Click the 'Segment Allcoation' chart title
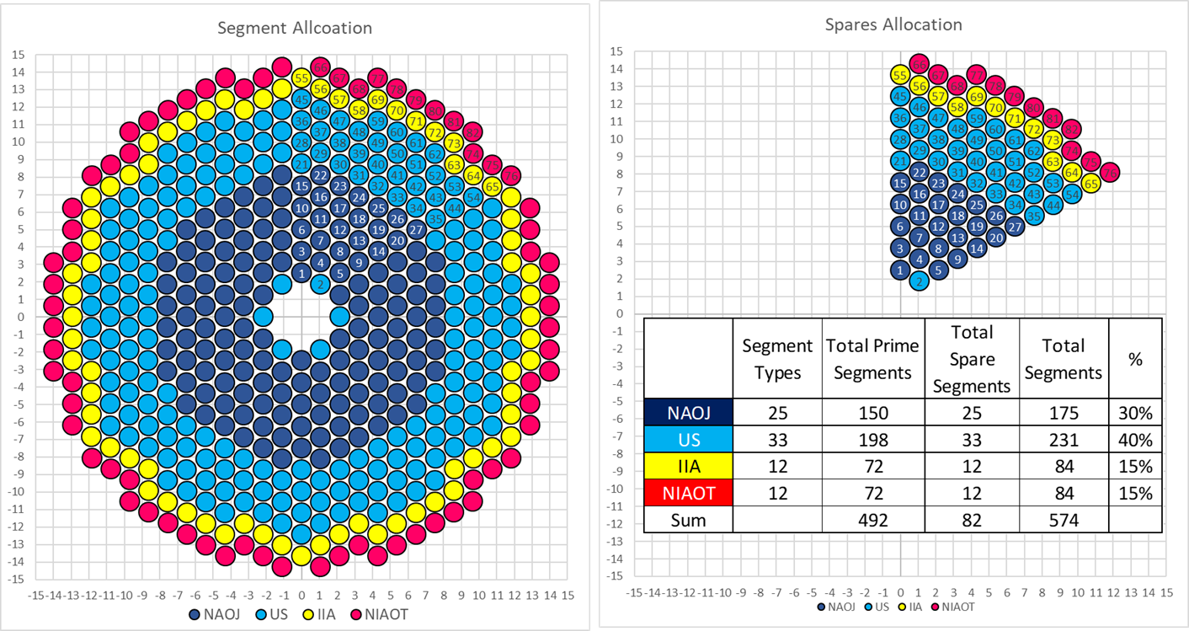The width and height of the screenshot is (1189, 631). (295, 28)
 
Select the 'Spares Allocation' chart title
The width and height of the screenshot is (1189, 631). (893, 24)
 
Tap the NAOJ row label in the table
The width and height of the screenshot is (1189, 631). (688, 412)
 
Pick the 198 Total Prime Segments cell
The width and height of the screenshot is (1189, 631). (872, 439)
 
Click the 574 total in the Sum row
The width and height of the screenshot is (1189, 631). (1063, 520)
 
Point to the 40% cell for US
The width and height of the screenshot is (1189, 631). (1135, 439)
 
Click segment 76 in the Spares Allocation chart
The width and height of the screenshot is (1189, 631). (1110, 173)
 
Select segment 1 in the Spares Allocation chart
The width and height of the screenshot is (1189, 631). (900, 270)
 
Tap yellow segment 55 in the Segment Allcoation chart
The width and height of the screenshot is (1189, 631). (301, 78)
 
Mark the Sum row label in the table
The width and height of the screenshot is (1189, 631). (688, 520)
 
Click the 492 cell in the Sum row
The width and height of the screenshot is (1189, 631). (872, 520)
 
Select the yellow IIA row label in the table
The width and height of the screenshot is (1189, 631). (688, 466)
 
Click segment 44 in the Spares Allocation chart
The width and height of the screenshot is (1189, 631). (1053, 204)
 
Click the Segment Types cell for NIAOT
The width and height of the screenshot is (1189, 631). (777, 493)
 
